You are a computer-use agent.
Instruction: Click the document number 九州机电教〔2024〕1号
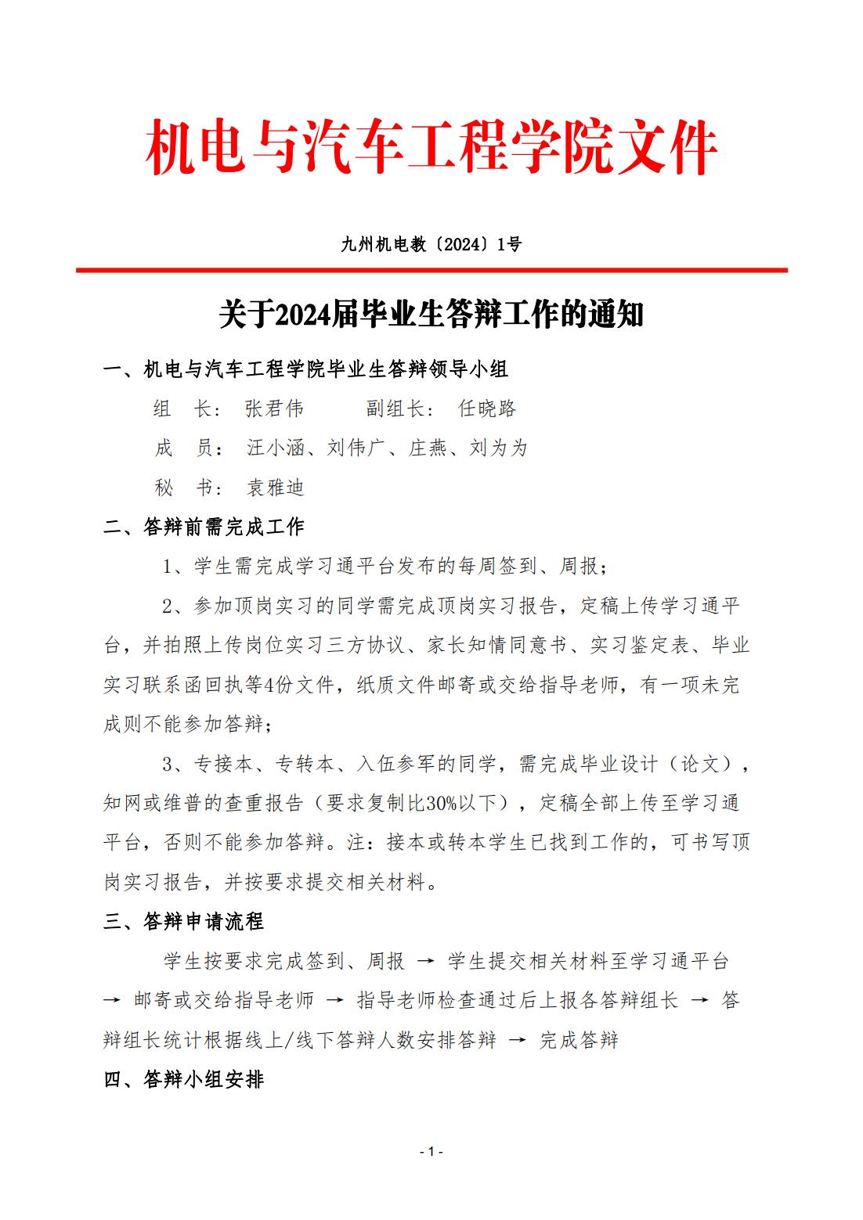click(431, 245)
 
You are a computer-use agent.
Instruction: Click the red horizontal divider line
click(431, 270)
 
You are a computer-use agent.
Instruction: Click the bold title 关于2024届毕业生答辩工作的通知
click(431, 315)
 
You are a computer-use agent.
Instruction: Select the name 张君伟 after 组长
click(274, 408)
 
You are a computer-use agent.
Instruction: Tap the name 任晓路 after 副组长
click(487, 408)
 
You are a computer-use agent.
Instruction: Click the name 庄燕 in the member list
click(428, 448)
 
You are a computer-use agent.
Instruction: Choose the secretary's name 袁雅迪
click(275, 488)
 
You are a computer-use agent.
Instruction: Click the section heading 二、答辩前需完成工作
click(204, 527)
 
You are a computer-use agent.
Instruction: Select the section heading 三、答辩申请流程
click(184, 921)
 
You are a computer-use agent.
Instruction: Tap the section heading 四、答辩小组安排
click(184, 1079)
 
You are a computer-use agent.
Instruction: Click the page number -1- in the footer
click(431, 1151)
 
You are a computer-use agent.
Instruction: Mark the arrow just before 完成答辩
click(518, 1040)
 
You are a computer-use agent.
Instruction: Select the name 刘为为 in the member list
click(498, 448)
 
